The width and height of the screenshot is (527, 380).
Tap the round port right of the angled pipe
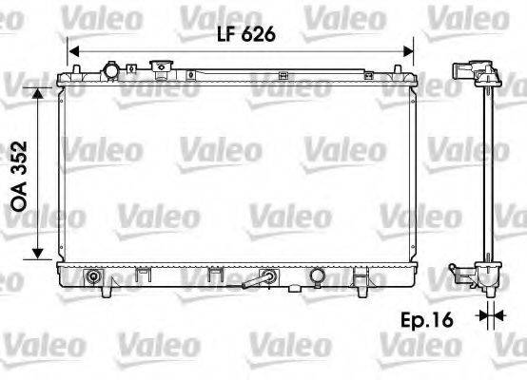(x=314, y=278)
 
